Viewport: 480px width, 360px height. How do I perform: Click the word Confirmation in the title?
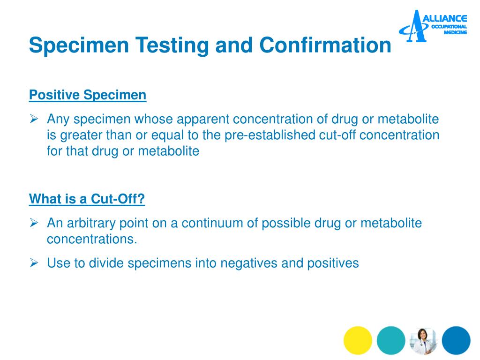pyautogui.click(x=325, y=45)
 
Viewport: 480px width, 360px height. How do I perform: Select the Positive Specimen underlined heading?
pyautogui.click(x=88, y=95)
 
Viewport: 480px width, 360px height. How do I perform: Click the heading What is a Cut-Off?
pyautogui.click(x=87, y=199)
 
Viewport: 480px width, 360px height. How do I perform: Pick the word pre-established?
pyautogui.click(x=270, y=135)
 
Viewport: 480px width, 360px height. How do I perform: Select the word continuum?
pyautogui.click(x=211, y=223)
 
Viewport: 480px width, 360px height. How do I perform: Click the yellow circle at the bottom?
pyautogui.click(x=358, y=340)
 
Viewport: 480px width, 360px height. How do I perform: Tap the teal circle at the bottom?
pyautogui.click(x=390, y=340)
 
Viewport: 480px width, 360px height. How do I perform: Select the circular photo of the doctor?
pyautogui.click(x=423, y=340)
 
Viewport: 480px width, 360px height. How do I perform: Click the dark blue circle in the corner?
pyautogui.click(x=456, y=340)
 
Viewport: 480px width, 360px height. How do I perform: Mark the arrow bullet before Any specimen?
pyautogui.click(x=34, y=120)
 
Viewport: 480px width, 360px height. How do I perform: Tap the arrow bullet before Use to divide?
pyautogui.click(x=34, y=263)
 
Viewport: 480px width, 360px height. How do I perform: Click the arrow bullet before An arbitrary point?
pyautogui.click(x=34, y=223)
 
